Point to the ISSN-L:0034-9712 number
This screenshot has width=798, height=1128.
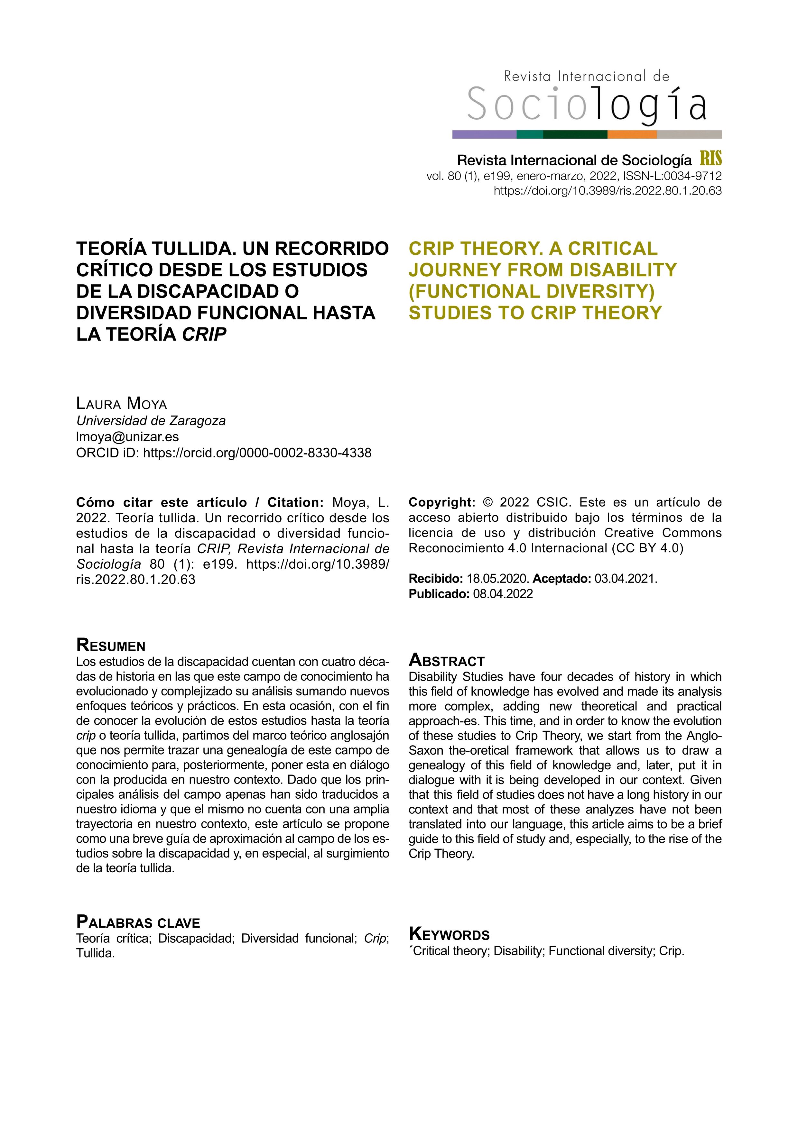tap(672, 176)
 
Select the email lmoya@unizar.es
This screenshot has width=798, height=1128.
tap(127, 437)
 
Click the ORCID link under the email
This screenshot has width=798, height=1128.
tap(257, 453)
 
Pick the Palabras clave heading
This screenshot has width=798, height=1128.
tap(138, 922)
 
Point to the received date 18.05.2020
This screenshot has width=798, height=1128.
tap(497, 579)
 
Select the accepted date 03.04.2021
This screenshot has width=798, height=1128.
tap(625, 579)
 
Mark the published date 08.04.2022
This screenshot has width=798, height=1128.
tap(503, 594)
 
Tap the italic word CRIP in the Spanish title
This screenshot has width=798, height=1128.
tap(204, 335)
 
